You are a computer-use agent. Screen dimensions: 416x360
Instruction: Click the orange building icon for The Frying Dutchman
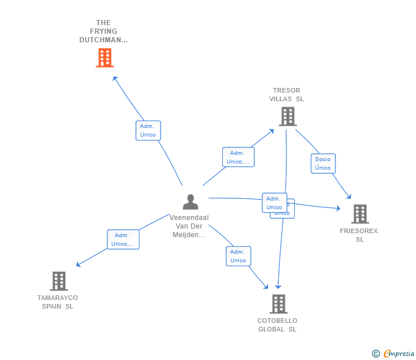105,58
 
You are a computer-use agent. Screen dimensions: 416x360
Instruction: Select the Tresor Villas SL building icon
287,117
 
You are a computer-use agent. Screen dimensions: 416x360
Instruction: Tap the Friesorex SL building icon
359,214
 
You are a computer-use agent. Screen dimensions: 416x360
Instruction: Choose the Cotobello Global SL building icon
278,303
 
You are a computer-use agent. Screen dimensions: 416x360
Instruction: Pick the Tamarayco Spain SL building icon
59,281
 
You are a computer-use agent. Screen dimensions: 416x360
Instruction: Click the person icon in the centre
190,202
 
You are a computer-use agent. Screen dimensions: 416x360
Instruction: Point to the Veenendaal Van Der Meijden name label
189,226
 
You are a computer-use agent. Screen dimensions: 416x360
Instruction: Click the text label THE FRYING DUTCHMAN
103,31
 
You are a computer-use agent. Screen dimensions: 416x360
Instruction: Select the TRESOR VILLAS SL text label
287,94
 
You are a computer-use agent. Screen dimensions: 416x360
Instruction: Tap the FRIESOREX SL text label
359,235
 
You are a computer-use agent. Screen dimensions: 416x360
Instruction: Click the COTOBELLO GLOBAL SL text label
277,325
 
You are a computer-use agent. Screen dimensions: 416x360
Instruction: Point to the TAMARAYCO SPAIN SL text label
58,302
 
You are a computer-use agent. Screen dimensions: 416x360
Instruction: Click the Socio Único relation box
323,163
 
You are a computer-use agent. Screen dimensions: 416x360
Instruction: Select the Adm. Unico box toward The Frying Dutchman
148,130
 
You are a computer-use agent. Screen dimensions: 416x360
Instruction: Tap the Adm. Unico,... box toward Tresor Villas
238,157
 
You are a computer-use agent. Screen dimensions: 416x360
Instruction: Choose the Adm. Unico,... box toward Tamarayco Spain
123,239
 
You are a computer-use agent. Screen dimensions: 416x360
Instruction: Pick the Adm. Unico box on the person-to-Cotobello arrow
238,256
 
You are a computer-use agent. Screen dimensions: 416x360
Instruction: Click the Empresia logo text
398,354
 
